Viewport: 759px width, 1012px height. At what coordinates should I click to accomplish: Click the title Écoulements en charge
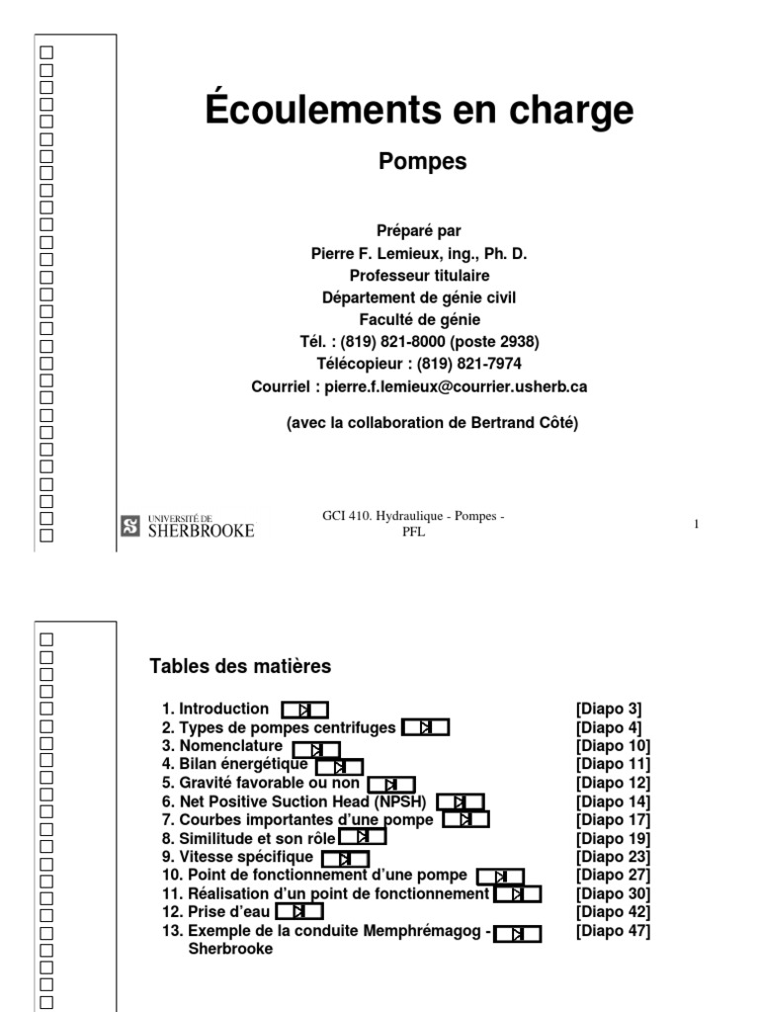[419, 111]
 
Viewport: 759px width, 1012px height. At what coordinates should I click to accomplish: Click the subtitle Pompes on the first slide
[422, 162]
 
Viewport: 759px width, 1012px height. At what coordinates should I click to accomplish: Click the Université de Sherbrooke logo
[187, 528]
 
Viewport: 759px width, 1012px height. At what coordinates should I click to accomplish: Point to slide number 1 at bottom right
[697, 524]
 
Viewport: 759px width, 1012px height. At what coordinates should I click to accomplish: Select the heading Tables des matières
[240, 667]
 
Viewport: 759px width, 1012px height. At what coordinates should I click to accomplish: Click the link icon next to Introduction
[304, 709]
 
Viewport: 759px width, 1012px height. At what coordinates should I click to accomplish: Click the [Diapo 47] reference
[613, 931]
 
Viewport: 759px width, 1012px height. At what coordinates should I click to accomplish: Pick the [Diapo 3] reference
[609, 709]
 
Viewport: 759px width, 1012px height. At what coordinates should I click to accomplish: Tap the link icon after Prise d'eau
[300, 911]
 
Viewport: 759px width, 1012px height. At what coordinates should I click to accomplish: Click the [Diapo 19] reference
[613, 838]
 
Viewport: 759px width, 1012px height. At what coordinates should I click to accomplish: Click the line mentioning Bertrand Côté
[432, 424]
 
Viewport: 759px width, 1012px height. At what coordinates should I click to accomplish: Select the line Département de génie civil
[419, 296]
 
